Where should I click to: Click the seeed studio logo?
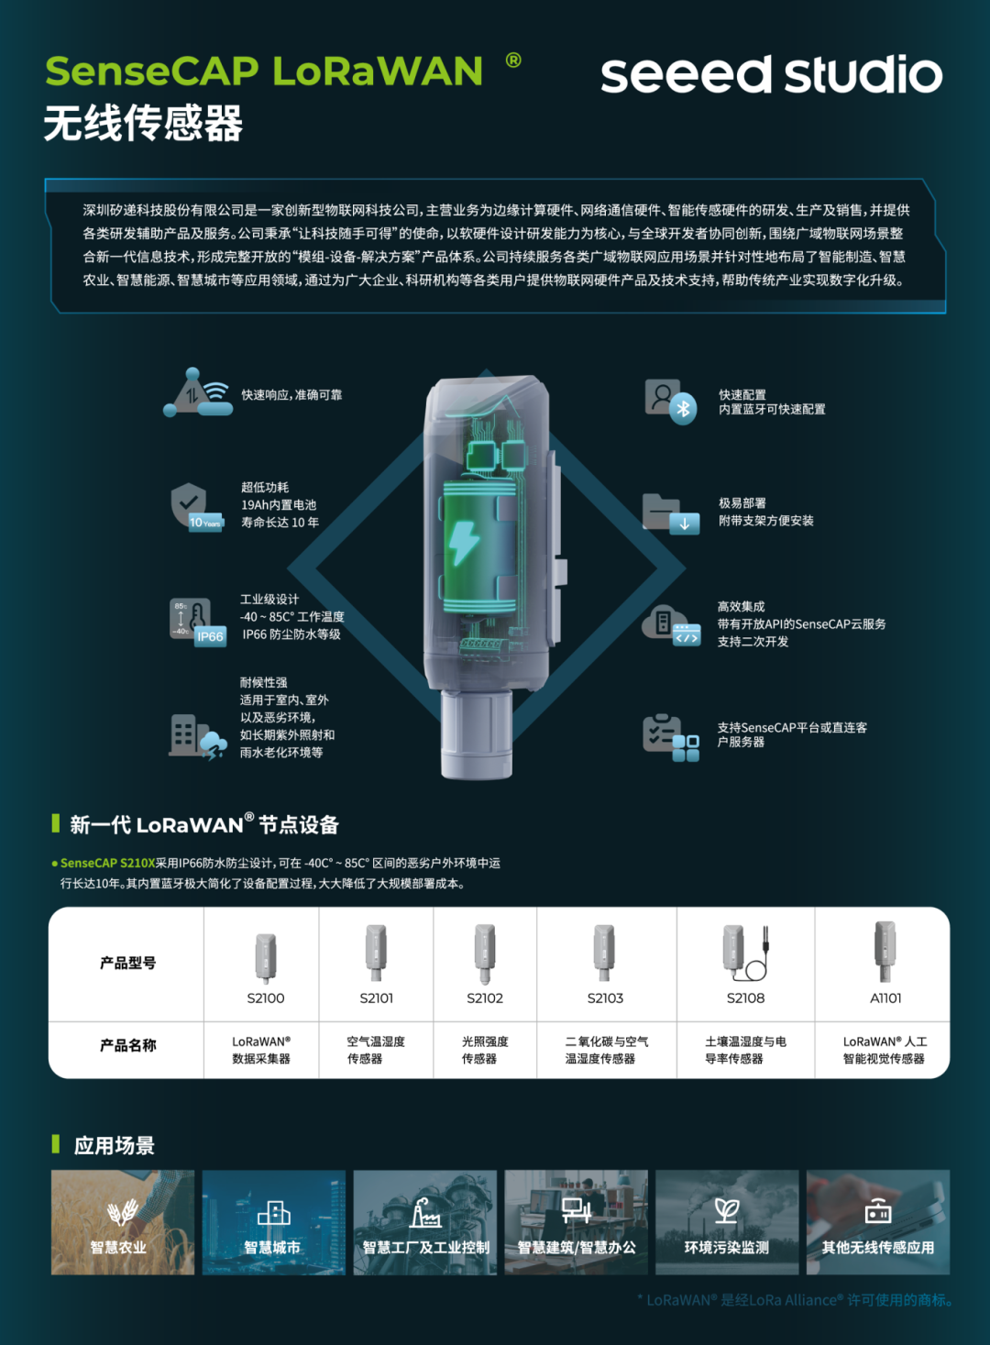tap(772, 74)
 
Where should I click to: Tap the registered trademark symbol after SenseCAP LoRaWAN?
tap(513, 60)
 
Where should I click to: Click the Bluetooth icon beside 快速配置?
tap(683, 409)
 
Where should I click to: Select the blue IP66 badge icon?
tap(210, 636)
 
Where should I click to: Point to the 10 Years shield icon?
tap(197, 507)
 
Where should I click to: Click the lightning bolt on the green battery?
tap(464, 543)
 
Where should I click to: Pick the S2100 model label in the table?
tap(265, 998)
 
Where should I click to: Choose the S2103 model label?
tap(605, 998)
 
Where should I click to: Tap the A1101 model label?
tap(885, 998)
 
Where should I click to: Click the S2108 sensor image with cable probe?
tap(746, 953)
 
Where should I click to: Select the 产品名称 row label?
tap(128, 1045)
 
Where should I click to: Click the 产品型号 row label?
tap(128, 963)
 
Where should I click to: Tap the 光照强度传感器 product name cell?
tap(485, 1050)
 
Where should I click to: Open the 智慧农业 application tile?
tap(123, 1222)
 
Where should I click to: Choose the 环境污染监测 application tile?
tap(727, 1222)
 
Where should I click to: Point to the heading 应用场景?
tap(114, 1146)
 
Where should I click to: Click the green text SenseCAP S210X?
tap(107, 863)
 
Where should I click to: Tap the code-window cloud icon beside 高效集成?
tap(671, 625)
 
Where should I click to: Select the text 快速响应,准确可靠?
tap(291, 394)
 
